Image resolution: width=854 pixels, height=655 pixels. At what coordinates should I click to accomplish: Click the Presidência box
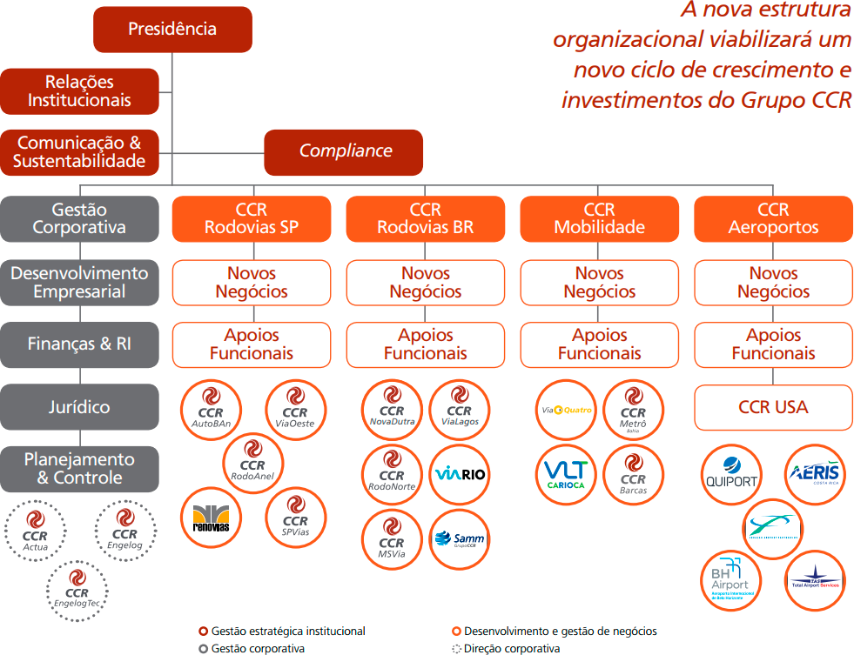[172, 30]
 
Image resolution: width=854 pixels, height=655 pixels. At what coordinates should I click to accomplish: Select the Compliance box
[345, 151]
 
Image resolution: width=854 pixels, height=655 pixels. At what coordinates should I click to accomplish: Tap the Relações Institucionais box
[80, 91]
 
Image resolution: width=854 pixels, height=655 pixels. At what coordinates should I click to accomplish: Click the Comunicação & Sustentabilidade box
[80, 152]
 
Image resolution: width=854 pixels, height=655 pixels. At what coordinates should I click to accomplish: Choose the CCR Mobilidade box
[599, 219]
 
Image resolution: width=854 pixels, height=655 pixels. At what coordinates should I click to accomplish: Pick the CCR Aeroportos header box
[773, 219]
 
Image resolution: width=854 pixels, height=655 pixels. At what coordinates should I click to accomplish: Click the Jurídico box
[80, 407]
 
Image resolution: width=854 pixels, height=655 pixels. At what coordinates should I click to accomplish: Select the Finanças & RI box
[80, 344]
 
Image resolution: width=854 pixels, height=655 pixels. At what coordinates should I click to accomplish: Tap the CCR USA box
[773, 407]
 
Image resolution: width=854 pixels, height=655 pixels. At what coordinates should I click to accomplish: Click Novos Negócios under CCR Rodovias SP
[252, 283]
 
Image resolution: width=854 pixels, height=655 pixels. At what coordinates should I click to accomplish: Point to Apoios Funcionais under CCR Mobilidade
[599, 344]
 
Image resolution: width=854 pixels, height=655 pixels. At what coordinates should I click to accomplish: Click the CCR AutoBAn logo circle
[211, 411]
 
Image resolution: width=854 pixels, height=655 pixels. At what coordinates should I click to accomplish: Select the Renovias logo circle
[211, 518]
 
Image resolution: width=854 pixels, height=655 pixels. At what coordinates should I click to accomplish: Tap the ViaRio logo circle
[460, 474]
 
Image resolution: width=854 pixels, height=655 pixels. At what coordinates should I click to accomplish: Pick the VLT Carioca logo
[566, 474]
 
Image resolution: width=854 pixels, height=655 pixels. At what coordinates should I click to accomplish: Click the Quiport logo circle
[730, 474]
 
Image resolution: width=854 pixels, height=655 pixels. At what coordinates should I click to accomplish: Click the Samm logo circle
[460, 538]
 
